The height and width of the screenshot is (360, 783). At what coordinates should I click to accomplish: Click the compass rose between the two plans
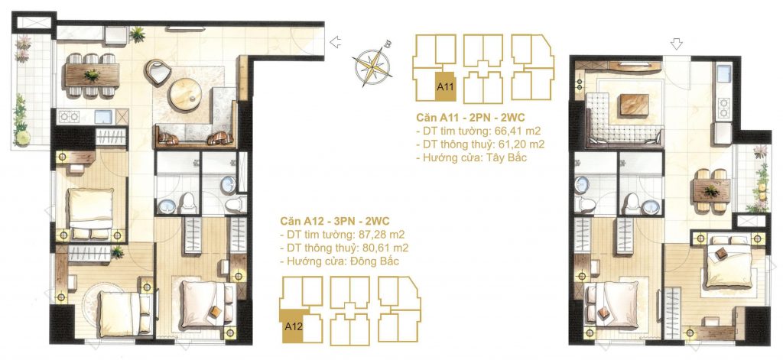[372, 65]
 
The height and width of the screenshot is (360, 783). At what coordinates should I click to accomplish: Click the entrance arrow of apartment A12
[334, 44]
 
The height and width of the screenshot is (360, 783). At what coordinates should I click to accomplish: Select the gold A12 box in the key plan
[294, 325]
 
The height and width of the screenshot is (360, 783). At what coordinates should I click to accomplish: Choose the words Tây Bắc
[512, 158]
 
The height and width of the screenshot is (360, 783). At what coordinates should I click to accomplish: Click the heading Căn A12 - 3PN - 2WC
[338, 221]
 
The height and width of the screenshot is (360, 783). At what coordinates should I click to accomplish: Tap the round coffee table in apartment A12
[187, 95]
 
